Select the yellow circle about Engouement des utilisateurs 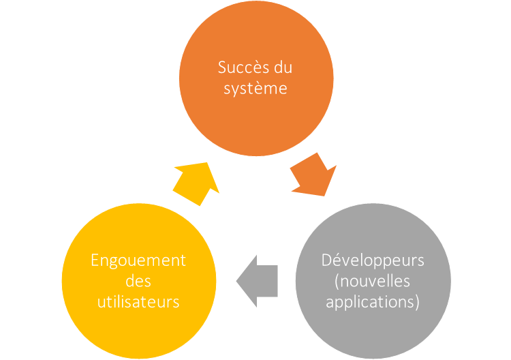(138, 281)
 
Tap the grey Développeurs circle (373, 281)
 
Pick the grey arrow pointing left (258, 281)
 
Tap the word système (255, 89)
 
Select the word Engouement (138, 261)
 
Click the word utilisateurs (138, 301)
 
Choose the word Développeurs (373, 261)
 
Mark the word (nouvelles (373, 281)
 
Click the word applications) (373, 301)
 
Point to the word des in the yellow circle (138, 281)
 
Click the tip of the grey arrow (236, 281)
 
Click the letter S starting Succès (221, 68)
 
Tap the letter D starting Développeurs (326, 261)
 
